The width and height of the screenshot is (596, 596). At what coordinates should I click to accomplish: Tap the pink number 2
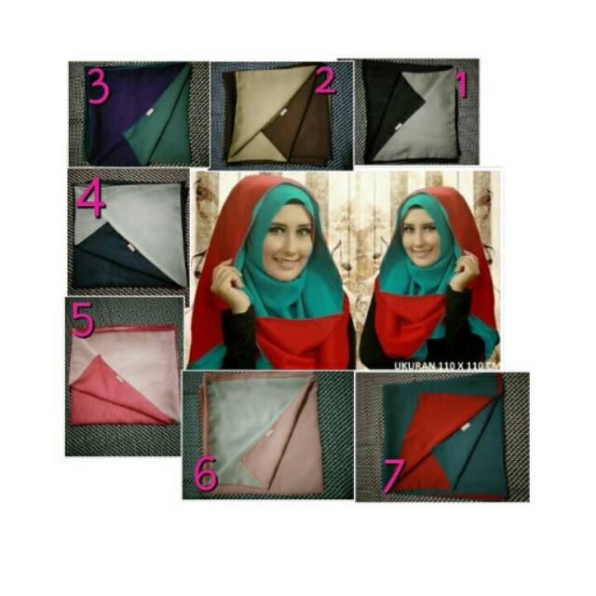tap(324, 83)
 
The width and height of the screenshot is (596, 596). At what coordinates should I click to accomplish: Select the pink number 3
tap(98, 87)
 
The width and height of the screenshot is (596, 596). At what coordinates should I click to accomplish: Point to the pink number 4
tap(90, 199)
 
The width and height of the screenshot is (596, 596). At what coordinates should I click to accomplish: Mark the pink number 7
tap(394, 476)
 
